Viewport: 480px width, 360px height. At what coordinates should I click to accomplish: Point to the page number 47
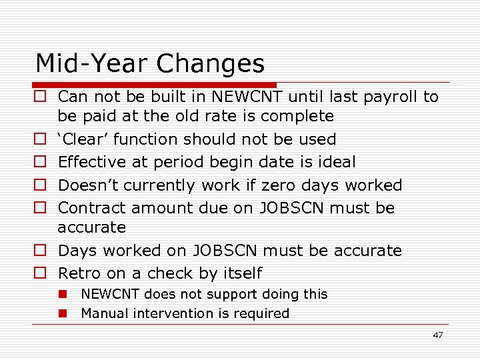[437, 335]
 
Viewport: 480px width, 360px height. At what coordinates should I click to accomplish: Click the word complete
[297, 116]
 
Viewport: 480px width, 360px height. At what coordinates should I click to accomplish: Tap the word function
[147, 139]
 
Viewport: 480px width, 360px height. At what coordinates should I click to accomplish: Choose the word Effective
[92, 162]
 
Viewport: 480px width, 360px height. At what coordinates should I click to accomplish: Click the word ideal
[337, 162]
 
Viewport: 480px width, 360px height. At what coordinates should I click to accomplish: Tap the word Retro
[79, 273]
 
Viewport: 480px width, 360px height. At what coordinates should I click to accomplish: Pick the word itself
[239, 273]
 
